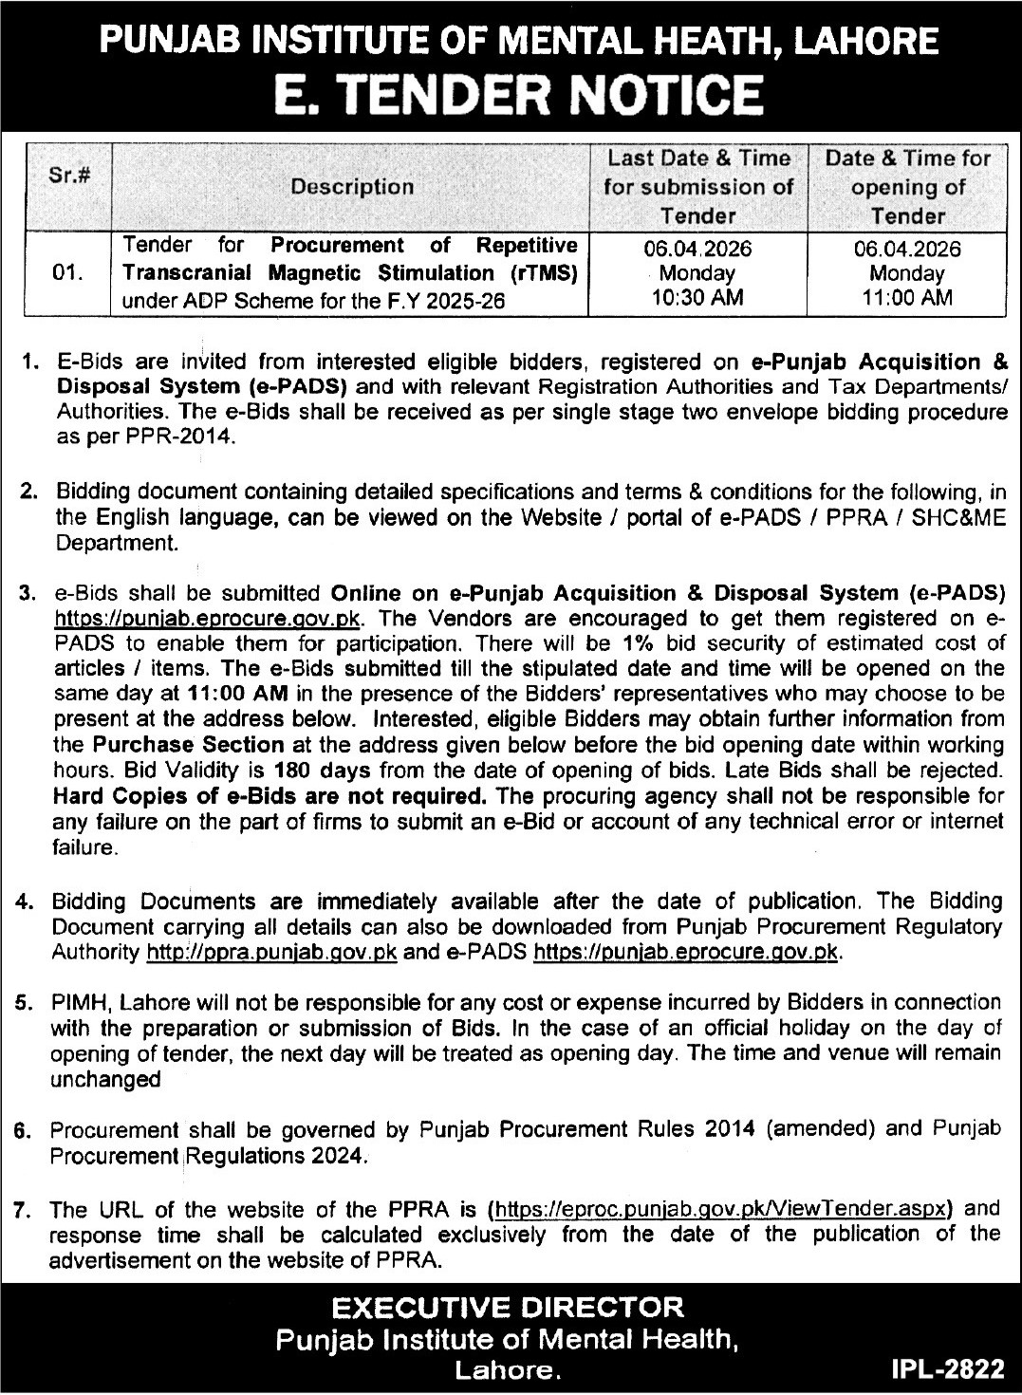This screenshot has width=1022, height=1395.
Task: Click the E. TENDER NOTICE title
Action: (511, 95)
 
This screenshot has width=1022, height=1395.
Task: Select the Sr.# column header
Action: (68, 176)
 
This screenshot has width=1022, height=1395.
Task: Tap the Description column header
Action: (352, 187)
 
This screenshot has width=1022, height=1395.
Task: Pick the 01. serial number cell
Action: (68, 274)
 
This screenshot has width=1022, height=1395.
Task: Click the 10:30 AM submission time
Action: (698, 297)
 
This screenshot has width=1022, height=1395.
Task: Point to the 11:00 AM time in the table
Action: (906, 297)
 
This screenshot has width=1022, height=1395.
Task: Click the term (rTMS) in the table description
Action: (544, 273)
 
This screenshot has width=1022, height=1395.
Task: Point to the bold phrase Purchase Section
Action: (188, 744)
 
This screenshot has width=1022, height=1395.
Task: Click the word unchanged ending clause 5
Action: (105, 1079)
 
